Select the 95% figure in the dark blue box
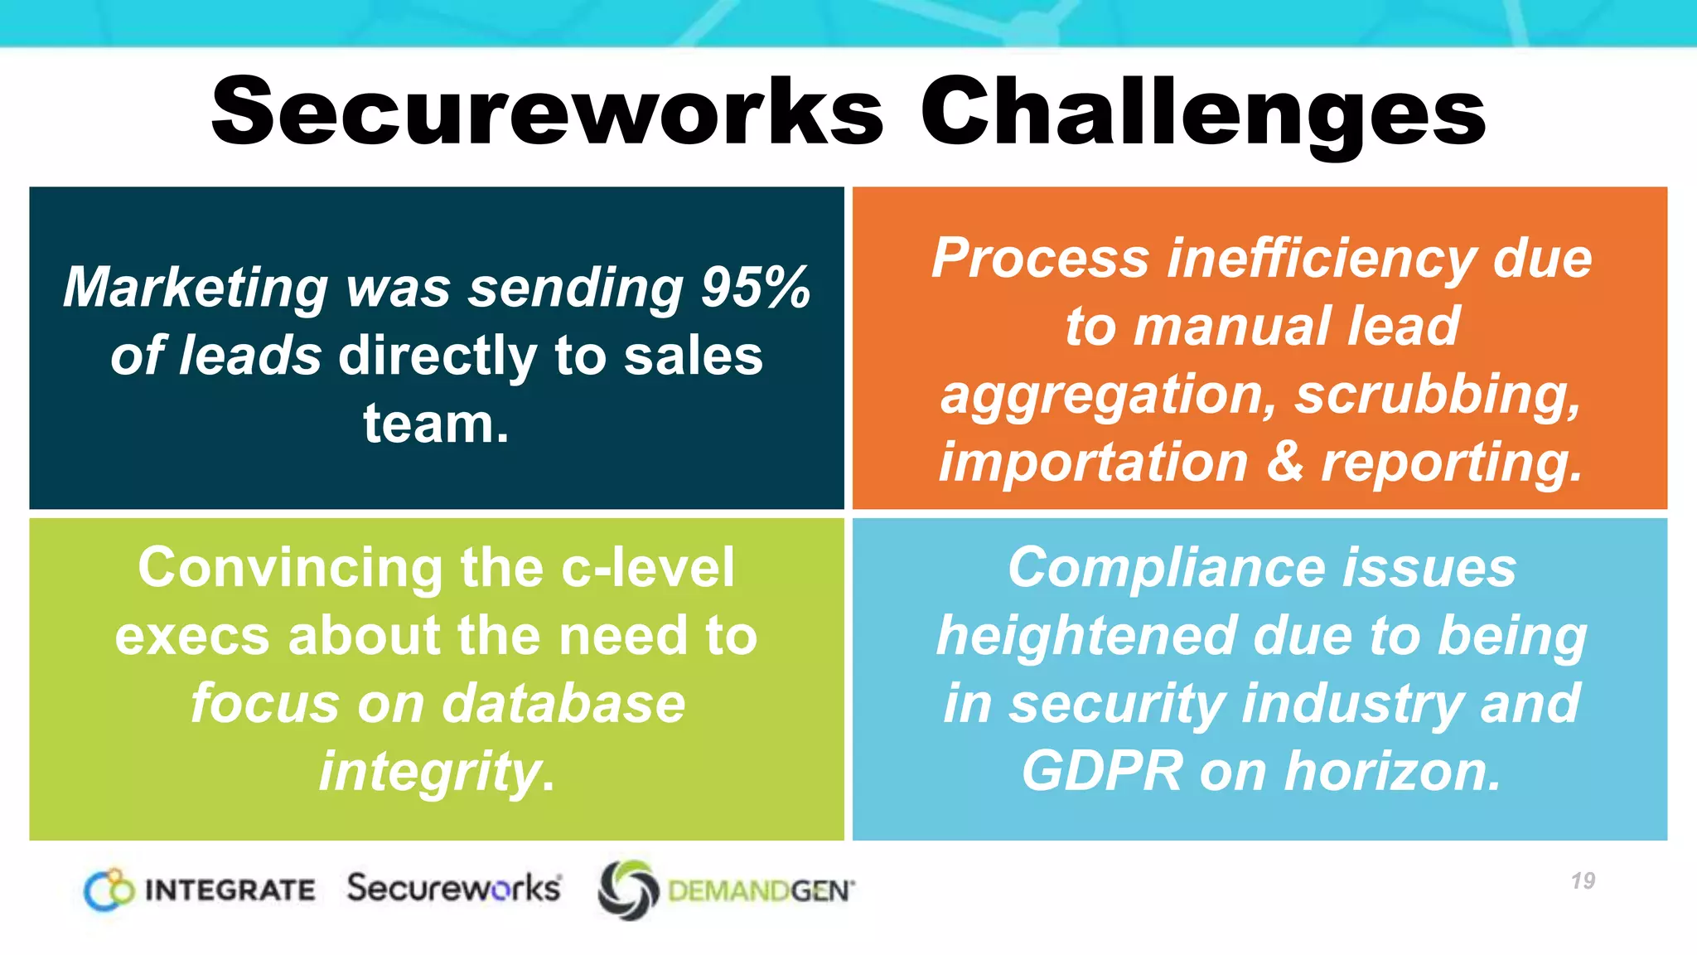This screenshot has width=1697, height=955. pos(755,288)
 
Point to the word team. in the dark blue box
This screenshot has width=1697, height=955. pos(436,424)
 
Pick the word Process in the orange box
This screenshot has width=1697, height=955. pos(1040,258)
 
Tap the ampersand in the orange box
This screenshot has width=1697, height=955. pos(1284,462)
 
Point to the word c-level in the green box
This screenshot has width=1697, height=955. pos(647,568)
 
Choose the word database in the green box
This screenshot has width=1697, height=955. pos(563,704)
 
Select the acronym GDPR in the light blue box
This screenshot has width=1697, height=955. pos(1101,772)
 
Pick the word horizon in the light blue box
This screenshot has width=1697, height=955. pos(1392,772)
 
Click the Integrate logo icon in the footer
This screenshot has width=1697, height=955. pos(109,890)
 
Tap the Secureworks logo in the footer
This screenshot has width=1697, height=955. pos(454,888)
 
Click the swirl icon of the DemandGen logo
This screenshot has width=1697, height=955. pos(628,890)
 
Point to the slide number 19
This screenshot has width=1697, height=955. pos(1583,880)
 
